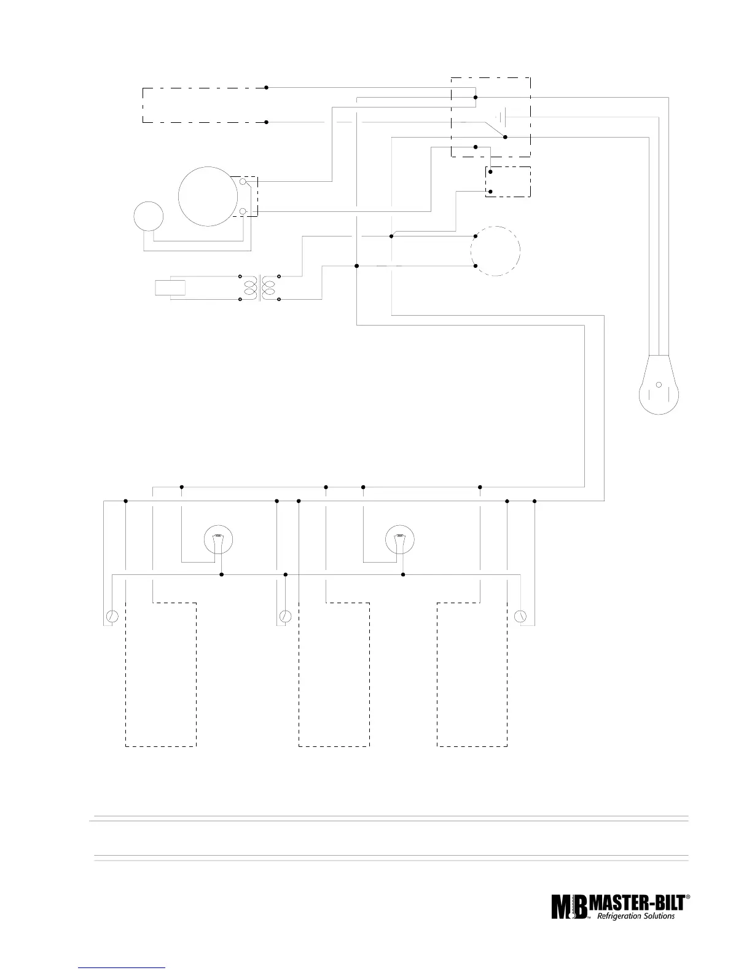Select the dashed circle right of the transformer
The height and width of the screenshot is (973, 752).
[495, 251]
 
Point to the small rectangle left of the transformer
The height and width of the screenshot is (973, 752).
[170, 287]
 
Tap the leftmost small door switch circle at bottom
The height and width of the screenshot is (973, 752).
[112, 616]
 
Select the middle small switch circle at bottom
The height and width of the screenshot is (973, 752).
[285, 616]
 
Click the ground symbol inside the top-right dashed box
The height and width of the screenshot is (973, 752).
[501, 115]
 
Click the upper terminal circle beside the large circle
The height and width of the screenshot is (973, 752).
[243, 182]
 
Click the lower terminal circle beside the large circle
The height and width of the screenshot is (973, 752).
[243, 212]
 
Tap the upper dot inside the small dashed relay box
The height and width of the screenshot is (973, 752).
[490, 173]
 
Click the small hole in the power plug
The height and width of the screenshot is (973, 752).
[658, 385]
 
